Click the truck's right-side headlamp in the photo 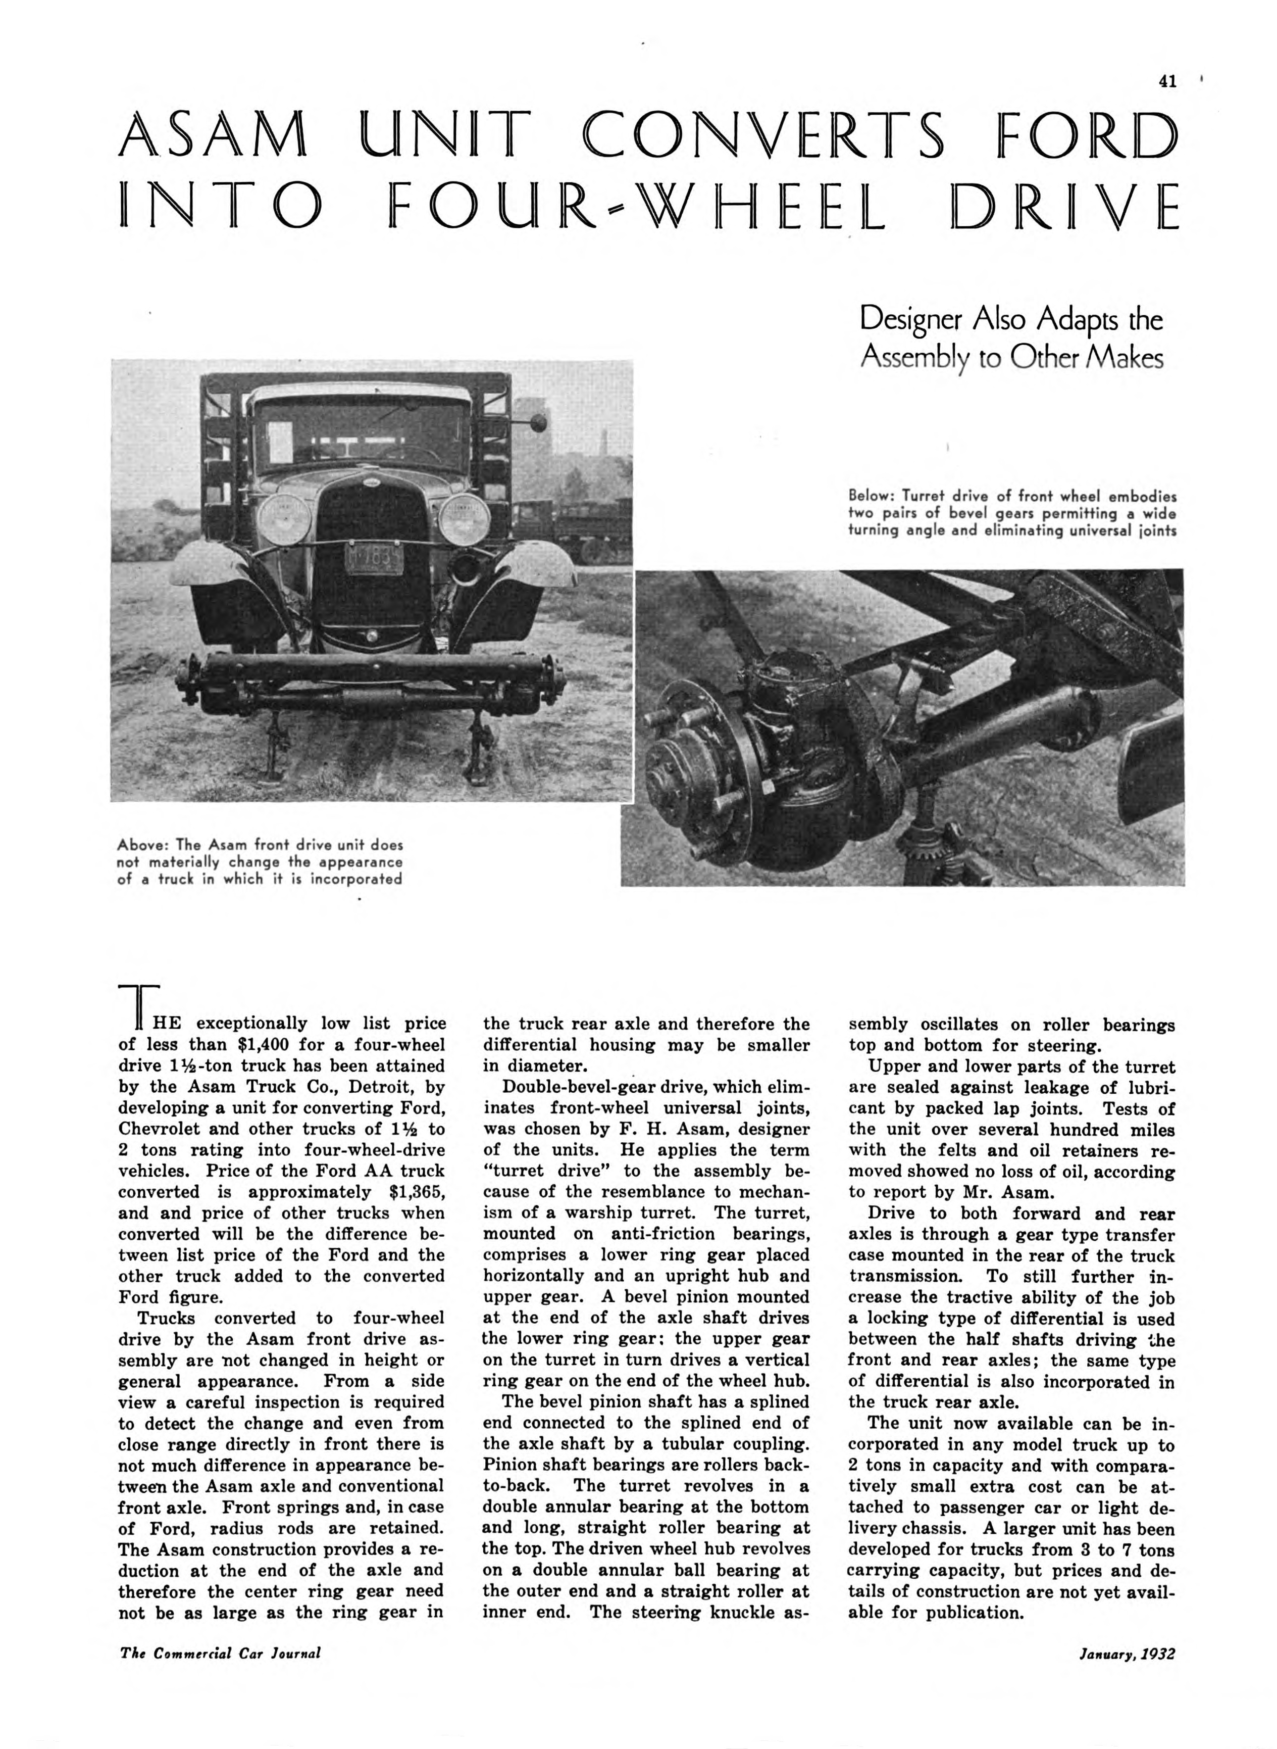pyautogui.click(x=464, y=518)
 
